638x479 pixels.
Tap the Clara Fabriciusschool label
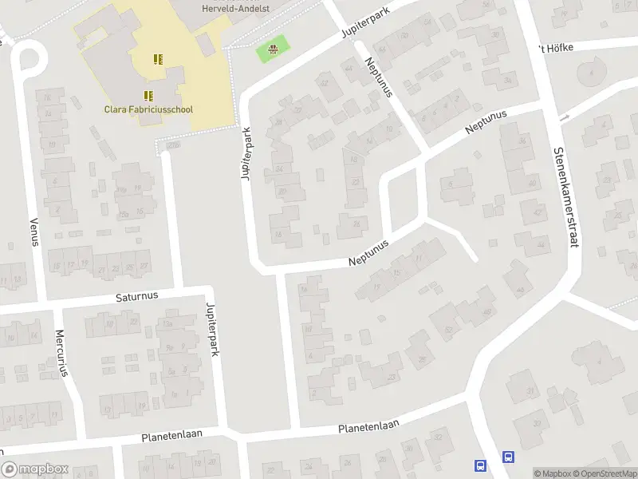tap(148, 109)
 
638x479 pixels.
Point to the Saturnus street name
tap(137, 295)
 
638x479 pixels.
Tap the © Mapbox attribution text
tap(553, 473)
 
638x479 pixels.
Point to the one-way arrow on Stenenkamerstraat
tap(565, 118)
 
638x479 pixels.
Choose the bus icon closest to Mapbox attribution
tap(507, 457)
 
